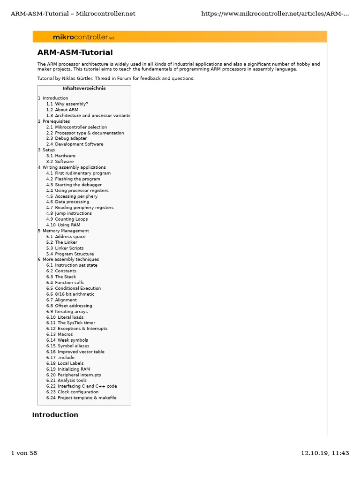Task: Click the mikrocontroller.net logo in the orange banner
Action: pos(83,37)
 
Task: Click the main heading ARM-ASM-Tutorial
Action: pos(75,52)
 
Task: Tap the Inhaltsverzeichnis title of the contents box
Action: pos(84,88)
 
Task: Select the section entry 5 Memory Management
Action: pos(65,231)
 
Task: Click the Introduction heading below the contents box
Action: pos(55,415)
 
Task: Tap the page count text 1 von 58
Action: pos(24,453)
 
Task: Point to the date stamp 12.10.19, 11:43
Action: pos(325,453)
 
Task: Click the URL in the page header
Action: pos(275,14)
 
